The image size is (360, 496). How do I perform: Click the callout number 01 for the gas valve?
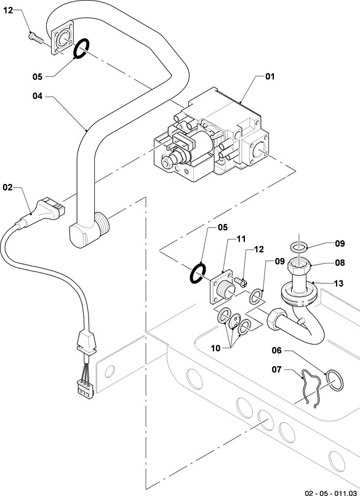coord(270,76)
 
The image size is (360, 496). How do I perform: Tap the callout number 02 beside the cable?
coord(7,187)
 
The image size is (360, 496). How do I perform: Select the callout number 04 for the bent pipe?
coord(38,96)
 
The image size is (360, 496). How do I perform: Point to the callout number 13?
coord(338,283)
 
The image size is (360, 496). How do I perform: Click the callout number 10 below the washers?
coord(215,348)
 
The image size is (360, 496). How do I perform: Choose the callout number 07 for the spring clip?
coord(276,369)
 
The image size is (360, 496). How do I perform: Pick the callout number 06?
coord(276,350)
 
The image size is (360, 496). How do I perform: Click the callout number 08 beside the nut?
coord(340,263)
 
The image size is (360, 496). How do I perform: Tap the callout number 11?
coord(241,239)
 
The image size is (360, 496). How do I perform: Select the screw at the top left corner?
coord(36,37)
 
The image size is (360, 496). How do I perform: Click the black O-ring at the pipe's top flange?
coord(81,49)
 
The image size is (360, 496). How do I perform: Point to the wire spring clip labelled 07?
coord(311,388)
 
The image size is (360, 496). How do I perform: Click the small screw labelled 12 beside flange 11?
coord(240,281)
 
